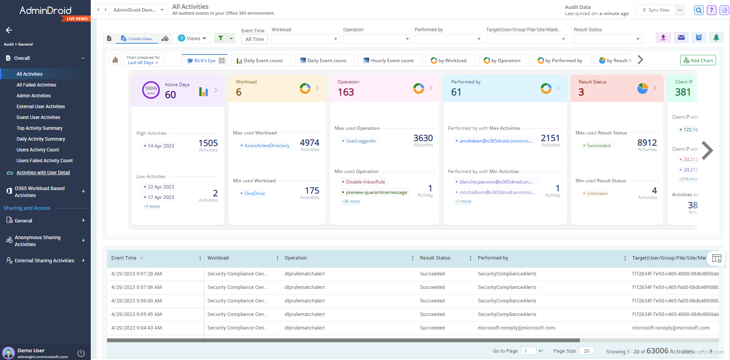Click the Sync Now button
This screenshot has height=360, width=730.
(656, 10)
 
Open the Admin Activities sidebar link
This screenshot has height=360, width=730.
(34, 96)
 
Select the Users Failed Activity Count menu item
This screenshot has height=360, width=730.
(44, 161)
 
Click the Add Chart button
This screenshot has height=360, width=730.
(698, 60)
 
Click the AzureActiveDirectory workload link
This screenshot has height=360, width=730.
(267, 146)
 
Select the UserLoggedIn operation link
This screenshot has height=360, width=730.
(361, 141)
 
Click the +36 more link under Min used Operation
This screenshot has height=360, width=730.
(351, 201)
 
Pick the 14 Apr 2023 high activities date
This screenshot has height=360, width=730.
(161, 146)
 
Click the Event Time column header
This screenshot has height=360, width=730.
(124, 258)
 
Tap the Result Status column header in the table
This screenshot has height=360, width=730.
(435, 258)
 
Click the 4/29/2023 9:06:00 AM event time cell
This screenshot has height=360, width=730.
(137, 301)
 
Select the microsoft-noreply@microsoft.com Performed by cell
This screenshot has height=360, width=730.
(516, 328)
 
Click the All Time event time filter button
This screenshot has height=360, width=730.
(255, 39)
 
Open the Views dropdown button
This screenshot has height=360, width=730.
(192, 38)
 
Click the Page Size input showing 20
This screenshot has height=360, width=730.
(586, 351)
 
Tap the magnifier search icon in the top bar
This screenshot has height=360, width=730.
(698, 10)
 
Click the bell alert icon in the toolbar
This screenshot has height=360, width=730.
(716, 37)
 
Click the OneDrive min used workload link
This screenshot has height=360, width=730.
(255, 194)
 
